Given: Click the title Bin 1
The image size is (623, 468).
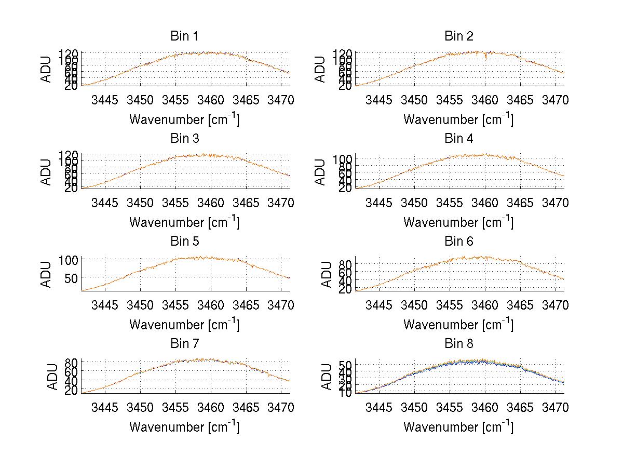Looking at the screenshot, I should click(x=184, y=36).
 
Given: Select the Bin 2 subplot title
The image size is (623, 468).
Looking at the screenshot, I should click(x=458, y=36).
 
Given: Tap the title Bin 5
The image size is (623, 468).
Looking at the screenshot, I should click(x=184, y=242).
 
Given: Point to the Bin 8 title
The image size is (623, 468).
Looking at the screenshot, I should click(x=458, y=344).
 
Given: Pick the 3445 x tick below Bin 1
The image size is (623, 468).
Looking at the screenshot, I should click(x=105, y=100).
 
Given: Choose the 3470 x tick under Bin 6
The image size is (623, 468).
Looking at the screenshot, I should click(x=555, y=305).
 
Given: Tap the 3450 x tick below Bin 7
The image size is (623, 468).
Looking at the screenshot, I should click(x=140, y=407).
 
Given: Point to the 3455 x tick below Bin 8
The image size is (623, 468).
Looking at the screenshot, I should click(x=450, y=407).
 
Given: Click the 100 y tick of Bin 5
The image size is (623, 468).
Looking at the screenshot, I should click(x=69, y=259).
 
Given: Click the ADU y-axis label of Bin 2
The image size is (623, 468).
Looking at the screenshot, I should click(x=321, y=69).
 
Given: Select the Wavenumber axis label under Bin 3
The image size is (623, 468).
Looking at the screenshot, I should click(x=184, y=222).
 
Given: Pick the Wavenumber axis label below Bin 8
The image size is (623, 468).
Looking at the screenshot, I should click(x=458, y=427).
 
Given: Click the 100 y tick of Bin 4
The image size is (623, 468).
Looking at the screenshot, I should click(x=343, y=158).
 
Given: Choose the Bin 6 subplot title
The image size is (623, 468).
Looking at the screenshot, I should click(x=458, y=242).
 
